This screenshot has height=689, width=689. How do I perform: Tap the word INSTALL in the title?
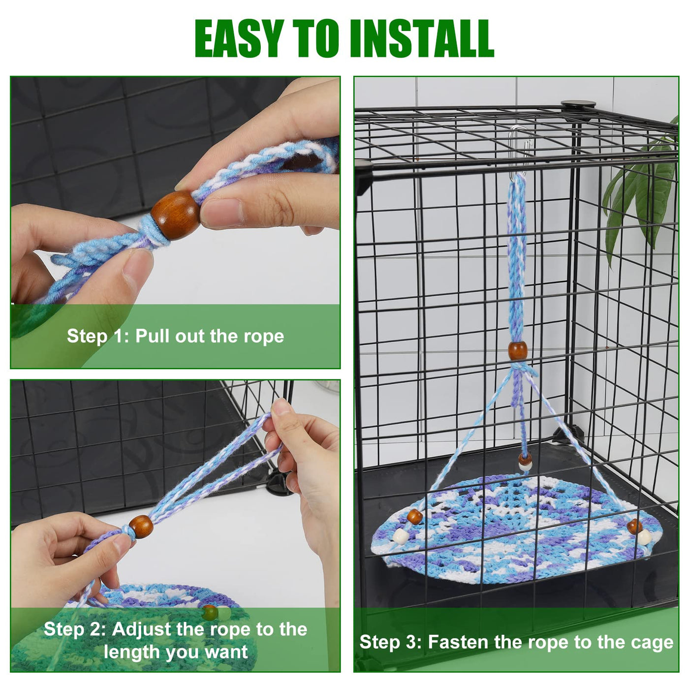click(x=422, y=38)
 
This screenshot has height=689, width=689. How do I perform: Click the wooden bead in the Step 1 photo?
click(x=175, y=215)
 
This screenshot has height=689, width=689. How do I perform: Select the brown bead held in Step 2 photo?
click(x=141, y=527)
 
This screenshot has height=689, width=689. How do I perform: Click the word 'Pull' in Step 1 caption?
click(x=152, y=337)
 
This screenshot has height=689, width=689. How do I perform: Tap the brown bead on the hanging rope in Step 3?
click(x=517, y=350)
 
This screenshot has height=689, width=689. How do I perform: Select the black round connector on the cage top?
click(x=578, y=104)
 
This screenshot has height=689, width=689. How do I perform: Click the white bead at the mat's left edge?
click(x=401, y=536)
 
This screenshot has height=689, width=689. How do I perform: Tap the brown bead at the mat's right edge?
click(x=635, y=526)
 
